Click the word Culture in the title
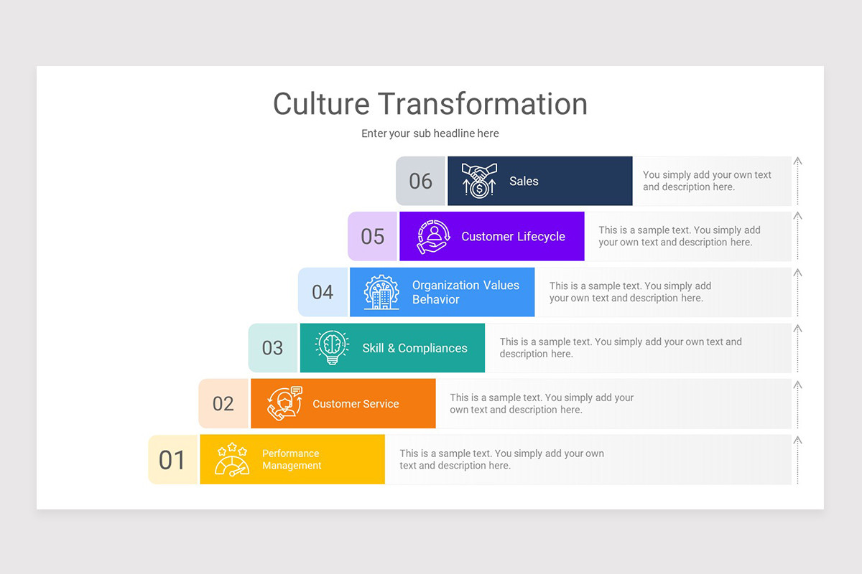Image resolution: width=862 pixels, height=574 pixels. tap(322, 103)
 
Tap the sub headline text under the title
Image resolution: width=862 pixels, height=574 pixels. tap(430, 133)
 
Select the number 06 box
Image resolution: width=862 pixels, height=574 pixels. tap(420, 181)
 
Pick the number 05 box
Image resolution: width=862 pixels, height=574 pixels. tap(372, 236)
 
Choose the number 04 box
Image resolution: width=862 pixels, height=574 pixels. tap(323, 292)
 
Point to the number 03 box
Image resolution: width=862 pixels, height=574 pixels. tap(272, 348)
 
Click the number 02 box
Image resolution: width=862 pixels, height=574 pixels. tap(223, 403)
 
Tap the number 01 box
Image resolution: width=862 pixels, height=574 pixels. tap(172, 459)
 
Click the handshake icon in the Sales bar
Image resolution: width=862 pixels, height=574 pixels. tap(479, 181)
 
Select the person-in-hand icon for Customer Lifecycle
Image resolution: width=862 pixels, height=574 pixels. tap(433, 236)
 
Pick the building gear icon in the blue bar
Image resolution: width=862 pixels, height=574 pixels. tap(381, 292)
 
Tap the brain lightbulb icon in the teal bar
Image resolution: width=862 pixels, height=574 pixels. tap(332, 347)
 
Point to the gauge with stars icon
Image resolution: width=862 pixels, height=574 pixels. tap(232, 459)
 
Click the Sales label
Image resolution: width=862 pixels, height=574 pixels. tap(524, 182)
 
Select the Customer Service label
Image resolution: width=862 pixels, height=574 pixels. tap(356, 404)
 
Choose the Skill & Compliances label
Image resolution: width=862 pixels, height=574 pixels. tap(414, 348)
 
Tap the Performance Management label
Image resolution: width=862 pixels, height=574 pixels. tap(292, 459)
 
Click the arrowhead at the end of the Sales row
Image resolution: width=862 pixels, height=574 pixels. tap(797, 161)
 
